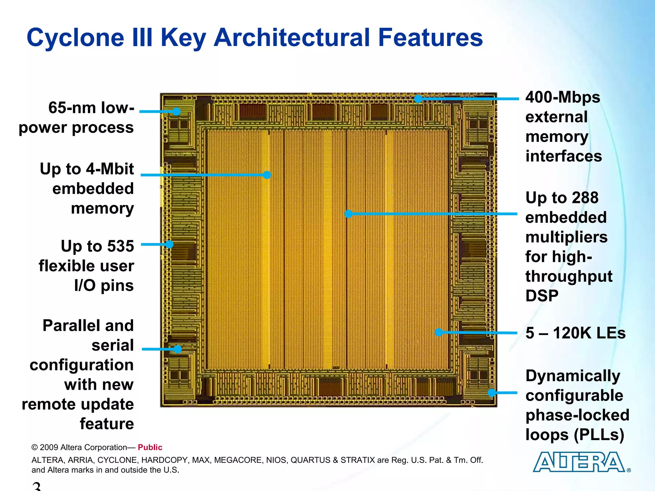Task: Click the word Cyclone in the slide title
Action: tap(75, 38)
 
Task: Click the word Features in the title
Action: tap(430, 38)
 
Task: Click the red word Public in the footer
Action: tap(150, 447)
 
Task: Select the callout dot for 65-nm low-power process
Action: tap(177, 112)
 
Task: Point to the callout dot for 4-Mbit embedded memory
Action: tap(267, 175)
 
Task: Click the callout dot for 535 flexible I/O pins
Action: tap(169, 245)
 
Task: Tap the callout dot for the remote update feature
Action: tap(178, 349)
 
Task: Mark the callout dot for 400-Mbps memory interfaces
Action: tap(418, 99)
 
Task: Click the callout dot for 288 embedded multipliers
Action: tap(349, 214)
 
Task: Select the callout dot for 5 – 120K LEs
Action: tap(439, 332)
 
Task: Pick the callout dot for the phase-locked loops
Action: tap(492, 393)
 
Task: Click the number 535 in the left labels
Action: tap(120, 246)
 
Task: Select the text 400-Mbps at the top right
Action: tap(563, 97)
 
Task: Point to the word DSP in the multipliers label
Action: tap(542, 296)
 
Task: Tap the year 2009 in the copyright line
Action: tap(49, 447)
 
